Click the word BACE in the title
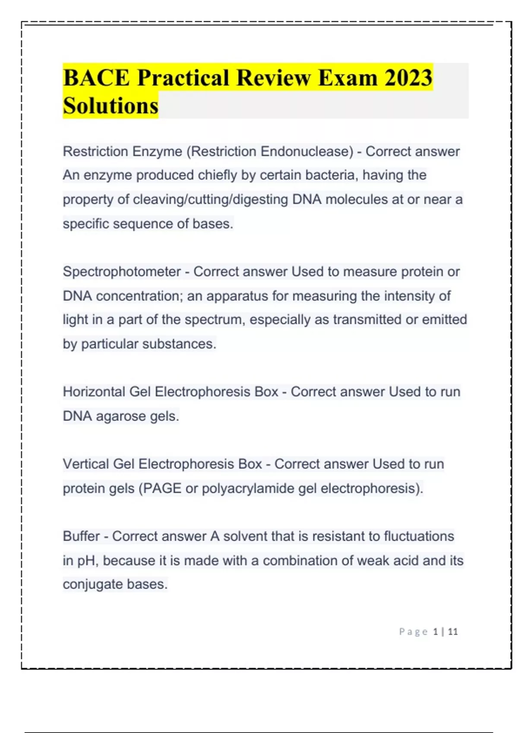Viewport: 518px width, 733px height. (x=96, y=78)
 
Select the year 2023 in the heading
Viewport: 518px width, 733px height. (x=408, y=78)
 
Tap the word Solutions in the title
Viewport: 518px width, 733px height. (x=111, y=106)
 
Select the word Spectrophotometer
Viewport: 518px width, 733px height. (x=122, y=272)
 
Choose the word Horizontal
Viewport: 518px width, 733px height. (x=94, y=392)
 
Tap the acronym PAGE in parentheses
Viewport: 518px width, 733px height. (x=162, y=488)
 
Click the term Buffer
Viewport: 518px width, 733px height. (x=81, y=536)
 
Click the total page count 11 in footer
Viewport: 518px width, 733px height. (x=453, y=632)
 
